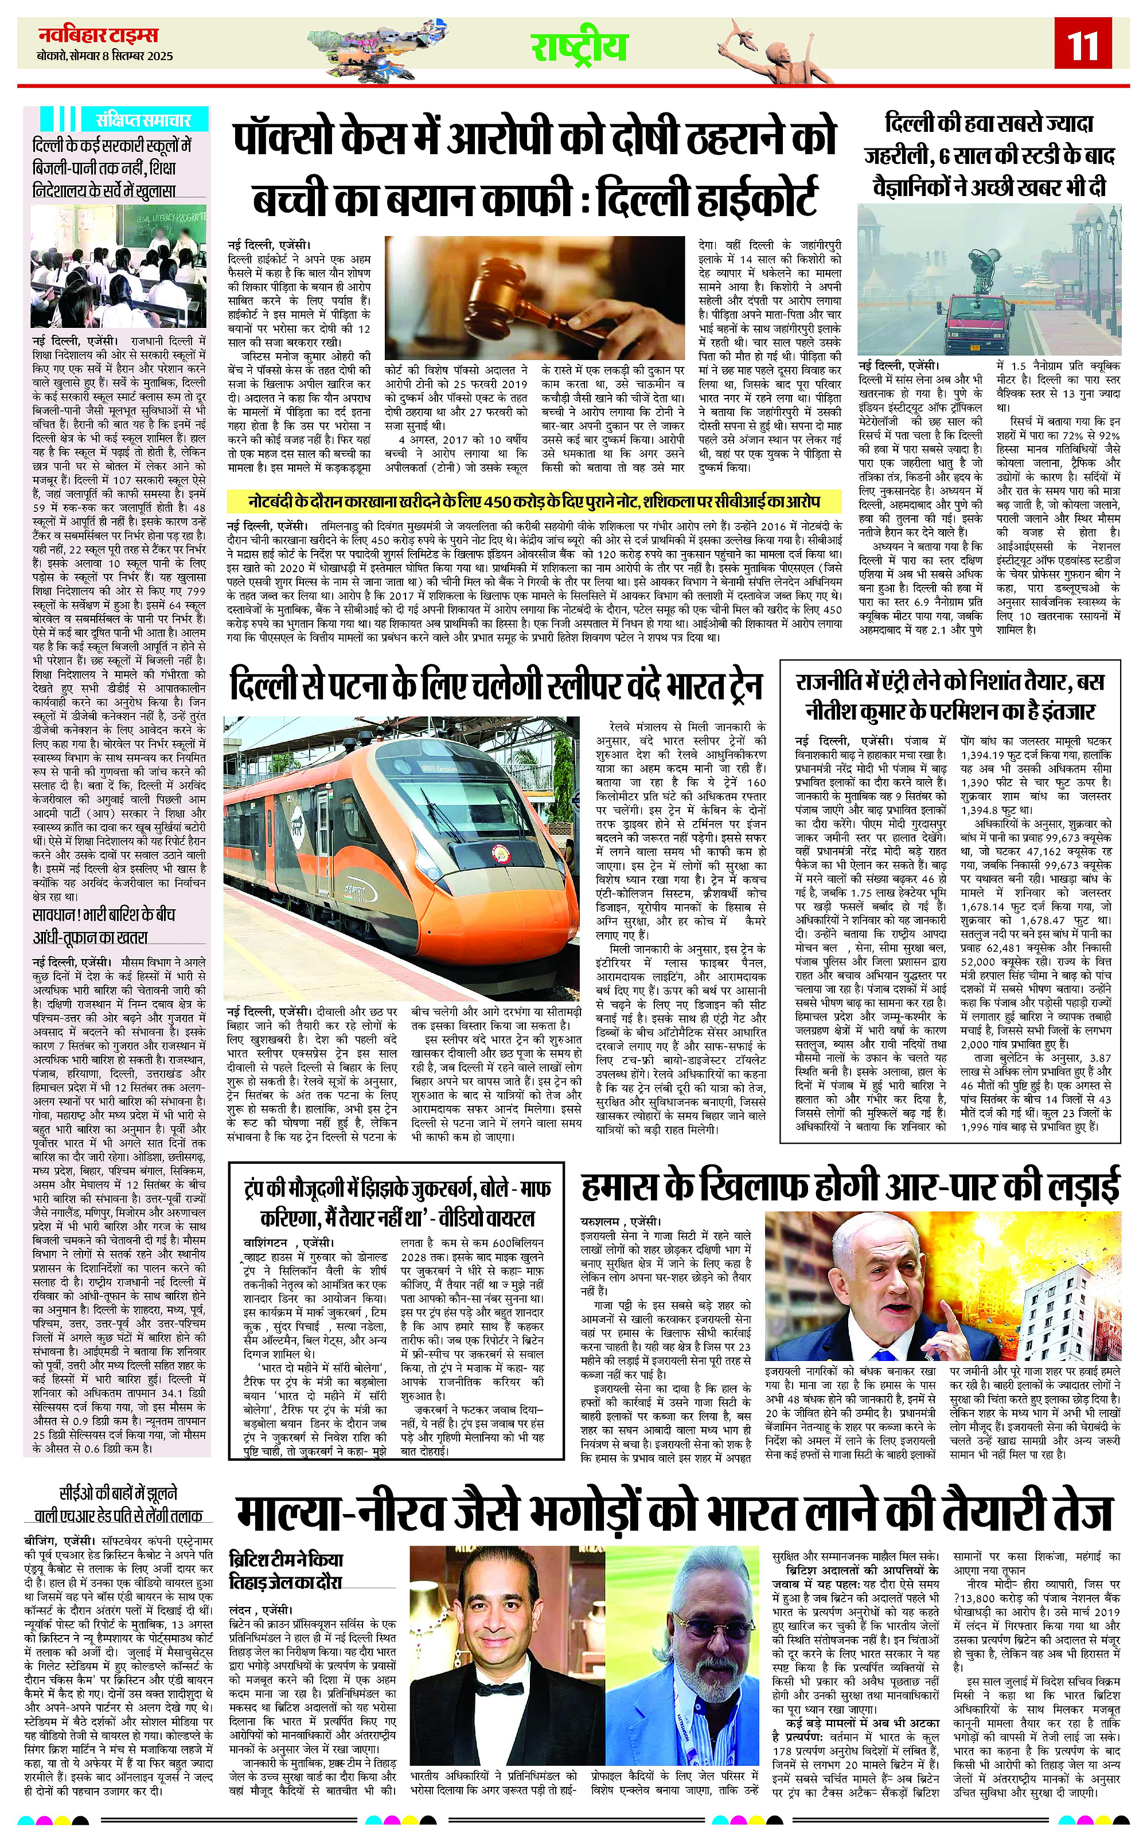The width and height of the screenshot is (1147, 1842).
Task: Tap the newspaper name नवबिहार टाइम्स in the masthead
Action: [98, 36]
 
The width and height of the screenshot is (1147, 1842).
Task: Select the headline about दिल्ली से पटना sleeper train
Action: [496, 685]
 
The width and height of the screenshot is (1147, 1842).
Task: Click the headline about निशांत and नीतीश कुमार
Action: [950, 695]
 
